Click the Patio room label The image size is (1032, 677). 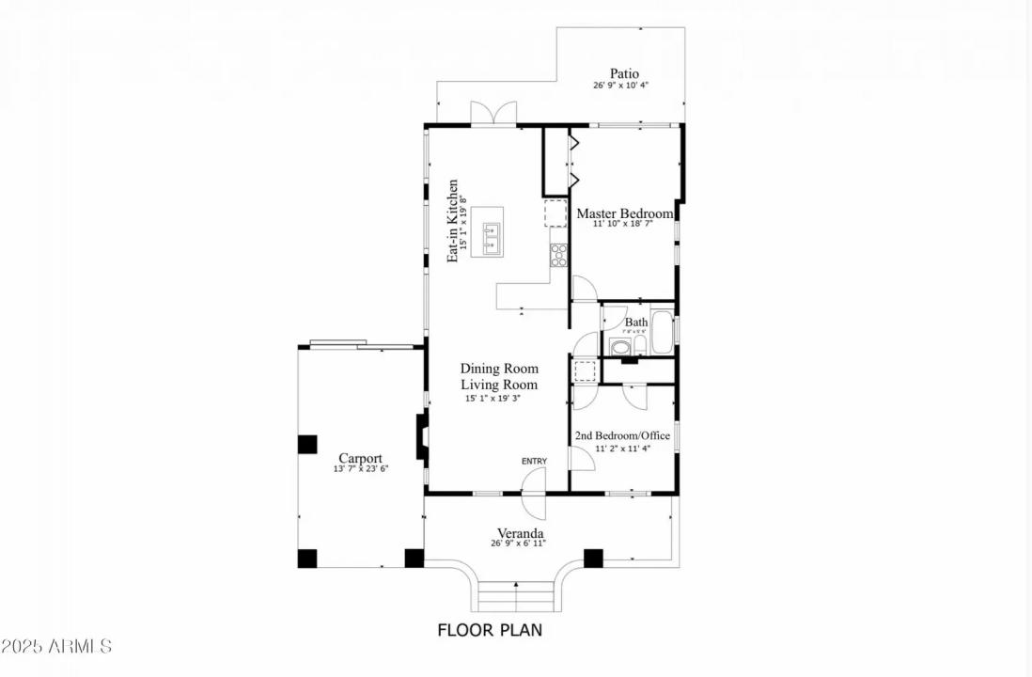point(624,73)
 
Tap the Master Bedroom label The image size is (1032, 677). point(625,213)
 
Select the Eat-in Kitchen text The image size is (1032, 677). point(453,220)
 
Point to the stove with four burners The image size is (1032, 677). point(559,255)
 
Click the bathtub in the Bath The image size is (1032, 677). point(662,334)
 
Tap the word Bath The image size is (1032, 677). point(636,323)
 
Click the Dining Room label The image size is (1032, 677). point(499,369)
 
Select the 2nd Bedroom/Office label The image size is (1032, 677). point(622,436)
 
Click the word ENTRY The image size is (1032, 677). point(534,461)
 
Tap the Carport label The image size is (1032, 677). point(360,459)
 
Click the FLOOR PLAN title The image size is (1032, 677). point(490,630)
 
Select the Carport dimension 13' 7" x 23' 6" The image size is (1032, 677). point(360,468)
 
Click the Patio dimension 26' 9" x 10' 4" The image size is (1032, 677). point(620,85)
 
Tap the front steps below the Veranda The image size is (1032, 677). point(515,596)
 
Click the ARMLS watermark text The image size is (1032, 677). point(57,647)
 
